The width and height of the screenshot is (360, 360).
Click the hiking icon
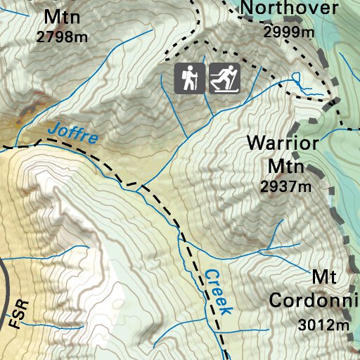[190, 79]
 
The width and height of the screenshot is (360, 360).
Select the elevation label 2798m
[62, 37]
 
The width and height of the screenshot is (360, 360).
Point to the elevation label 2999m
[288, 32]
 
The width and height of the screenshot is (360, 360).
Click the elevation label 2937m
[285, 186]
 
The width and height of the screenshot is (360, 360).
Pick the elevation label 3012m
[324, 325]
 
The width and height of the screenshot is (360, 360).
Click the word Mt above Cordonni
[326, 276]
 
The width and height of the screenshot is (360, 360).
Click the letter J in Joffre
[53, 129]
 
